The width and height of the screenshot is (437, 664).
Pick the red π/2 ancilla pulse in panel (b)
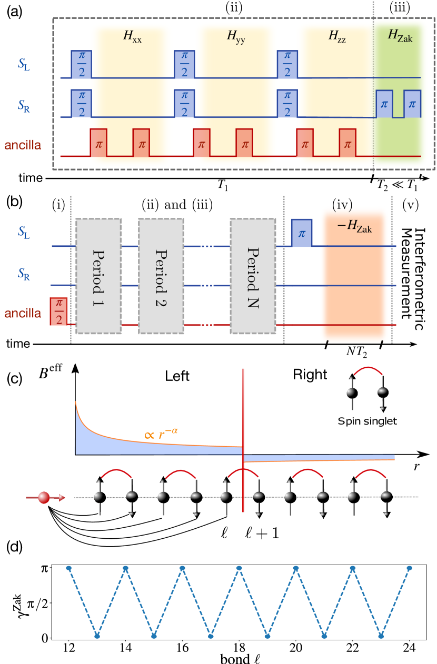(x=58, y=311)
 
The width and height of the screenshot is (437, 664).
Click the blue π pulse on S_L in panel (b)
(x=302, y=233)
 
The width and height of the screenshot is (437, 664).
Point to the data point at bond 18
(x=240, y=568)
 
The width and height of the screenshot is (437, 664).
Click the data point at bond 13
(x=97, y=638)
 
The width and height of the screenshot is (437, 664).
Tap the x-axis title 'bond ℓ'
(x=239, y=658)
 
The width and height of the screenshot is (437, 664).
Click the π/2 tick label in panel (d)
(x=51, y=603)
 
